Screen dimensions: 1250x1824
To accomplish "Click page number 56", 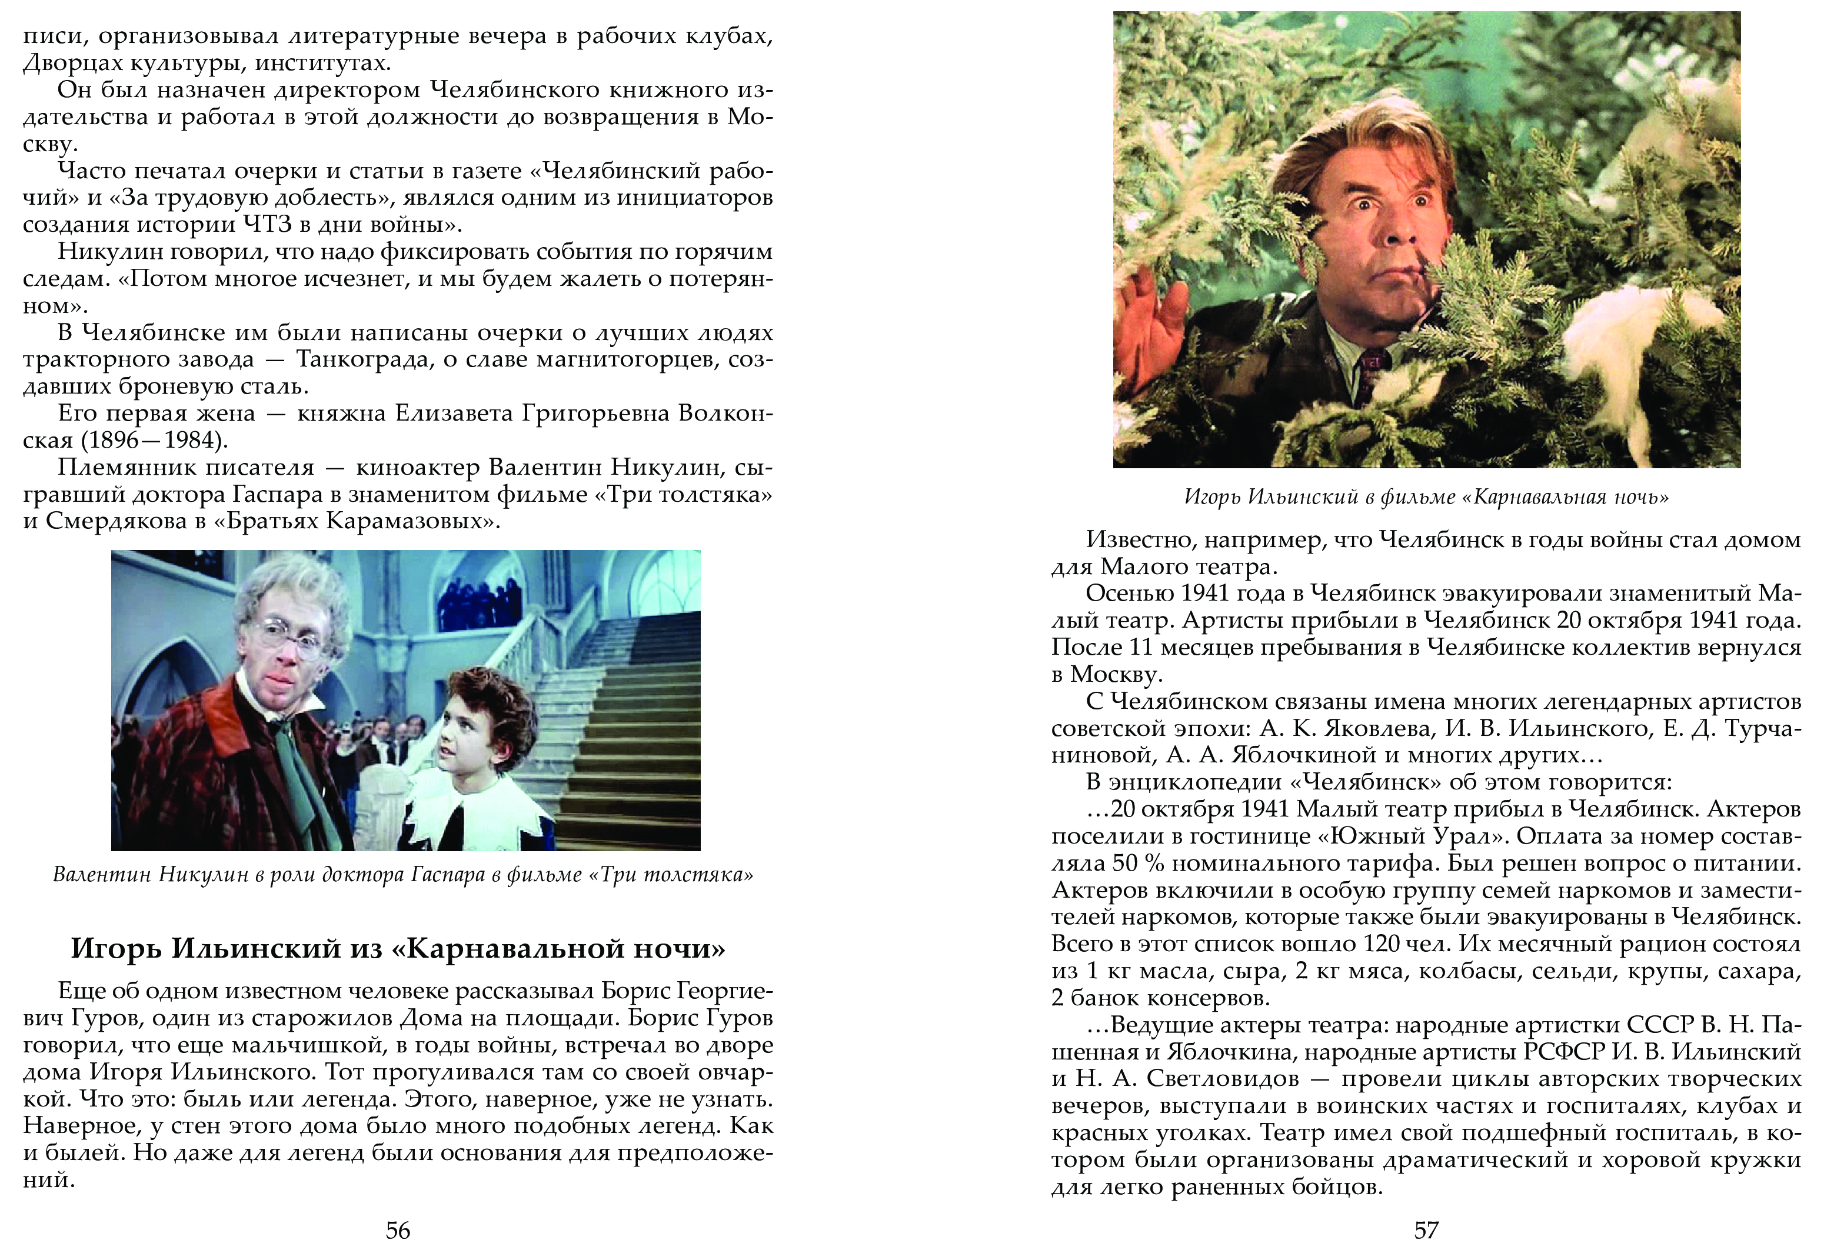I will [398, 1229].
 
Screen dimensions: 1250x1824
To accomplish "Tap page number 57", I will [1426, 1229].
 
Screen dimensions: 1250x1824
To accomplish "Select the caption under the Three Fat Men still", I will [402, 875].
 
